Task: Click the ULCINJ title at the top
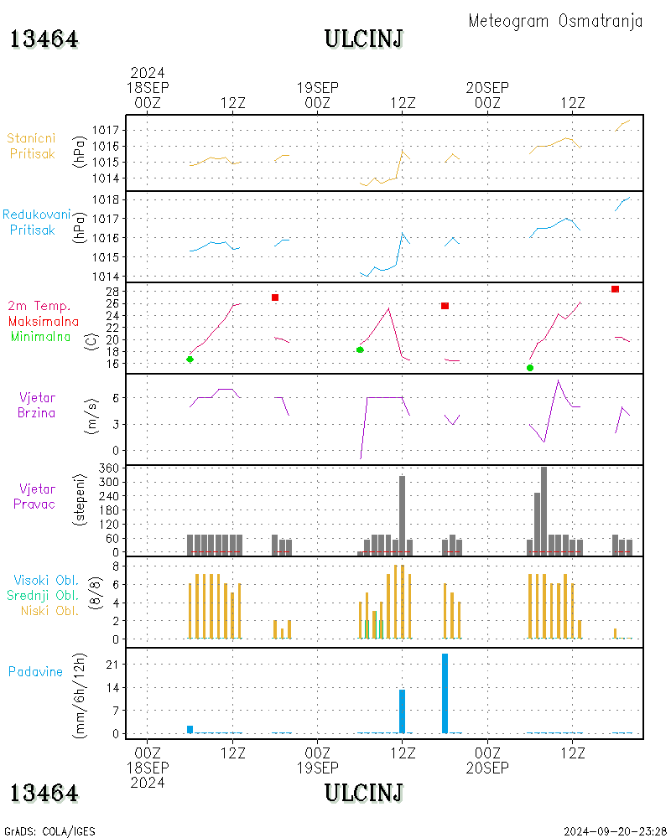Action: [363, 39]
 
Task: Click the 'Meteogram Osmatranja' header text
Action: [555, 21]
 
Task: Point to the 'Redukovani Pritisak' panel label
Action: [36, 222]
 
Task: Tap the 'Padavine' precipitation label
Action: [36, 671]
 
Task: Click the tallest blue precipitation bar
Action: [445, 693]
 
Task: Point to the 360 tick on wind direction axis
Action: [107, 468]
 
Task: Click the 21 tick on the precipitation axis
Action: [110, 664]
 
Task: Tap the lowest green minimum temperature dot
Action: [530, 368]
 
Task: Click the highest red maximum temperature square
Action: [615, 289]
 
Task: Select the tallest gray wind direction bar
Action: [544, 510]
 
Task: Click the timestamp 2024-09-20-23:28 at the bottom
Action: [616, 831]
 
